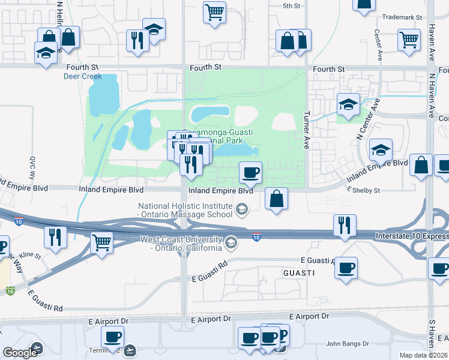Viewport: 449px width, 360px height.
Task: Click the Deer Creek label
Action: click(x=83, y=76)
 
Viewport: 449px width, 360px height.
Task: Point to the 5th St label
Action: click(x=291, y=6)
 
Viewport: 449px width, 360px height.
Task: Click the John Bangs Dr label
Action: click(x=345, y=344)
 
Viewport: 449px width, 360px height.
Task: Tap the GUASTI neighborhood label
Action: click(x=299, y=273)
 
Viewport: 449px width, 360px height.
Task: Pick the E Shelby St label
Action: click(x=364, y=191)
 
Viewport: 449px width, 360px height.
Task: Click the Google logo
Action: click(x=20, y=353)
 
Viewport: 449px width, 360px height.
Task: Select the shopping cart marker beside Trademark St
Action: click(x=409, y=40)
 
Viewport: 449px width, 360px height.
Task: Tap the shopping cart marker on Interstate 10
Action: click(x=101, y=243)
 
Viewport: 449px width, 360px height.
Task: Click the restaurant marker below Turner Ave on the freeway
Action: click(x=344, y=225)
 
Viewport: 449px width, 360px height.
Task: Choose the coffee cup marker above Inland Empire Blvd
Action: click(x=250, y=173)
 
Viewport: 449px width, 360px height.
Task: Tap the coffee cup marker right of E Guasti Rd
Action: click(x=345, y=268)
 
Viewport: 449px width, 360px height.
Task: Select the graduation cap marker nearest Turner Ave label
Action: click(x=348, y=104)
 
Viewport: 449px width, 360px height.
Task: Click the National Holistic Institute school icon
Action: click(x=241, y=209)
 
